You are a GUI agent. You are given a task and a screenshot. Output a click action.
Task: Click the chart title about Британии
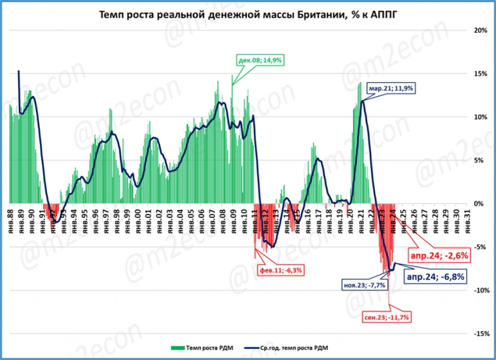click(247, 14)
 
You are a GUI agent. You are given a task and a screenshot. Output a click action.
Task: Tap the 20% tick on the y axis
click(480, 31)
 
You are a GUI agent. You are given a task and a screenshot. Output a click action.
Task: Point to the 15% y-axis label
click(480, 74)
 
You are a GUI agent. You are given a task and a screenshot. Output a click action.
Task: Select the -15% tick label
click(479, 334)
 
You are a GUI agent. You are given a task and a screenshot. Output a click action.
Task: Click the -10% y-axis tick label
click(479, 291)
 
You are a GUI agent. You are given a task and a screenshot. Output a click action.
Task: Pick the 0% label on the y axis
click(482, 204)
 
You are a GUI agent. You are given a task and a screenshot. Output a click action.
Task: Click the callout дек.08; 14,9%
click(255, 60)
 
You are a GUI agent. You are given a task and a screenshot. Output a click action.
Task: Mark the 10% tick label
click(480, 117)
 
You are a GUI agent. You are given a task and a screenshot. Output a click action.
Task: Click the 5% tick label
click(482, 160)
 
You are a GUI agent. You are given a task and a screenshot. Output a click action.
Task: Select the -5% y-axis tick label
click(481, 247)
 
